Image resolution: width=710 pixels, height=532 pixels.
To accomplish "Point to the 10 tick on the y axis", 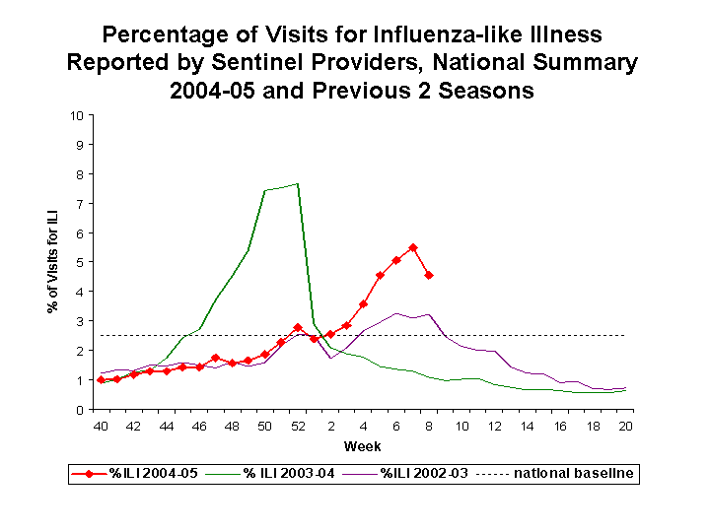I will [76, 115].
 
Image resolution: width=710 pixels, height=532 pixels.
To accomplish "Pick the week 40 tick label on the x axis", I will [101, 426].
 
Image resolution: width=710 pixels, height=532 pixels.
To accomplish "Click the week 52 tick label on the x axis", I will [298, 426].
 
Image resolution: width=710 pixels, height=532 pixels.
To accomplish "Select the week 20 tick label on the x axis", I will [625, 426].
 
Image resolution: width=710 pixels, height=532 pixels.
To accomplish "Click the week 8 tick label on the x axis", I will [429, 426].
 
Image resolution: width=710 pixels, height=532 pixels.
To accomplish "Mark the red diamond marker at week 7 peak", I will [412, 247].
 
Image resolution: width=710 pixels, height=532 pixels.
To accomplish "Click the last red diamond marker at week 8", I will [429, 275].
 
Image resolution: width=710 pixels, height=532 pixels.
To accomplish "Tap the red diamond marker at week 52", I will [298, 327].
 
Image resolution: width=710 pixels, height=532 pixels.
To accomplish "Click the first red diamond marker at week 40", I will [101, 380].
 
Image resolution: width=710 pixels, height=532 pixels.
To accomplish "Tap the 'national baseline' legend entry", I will [557, 475].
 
